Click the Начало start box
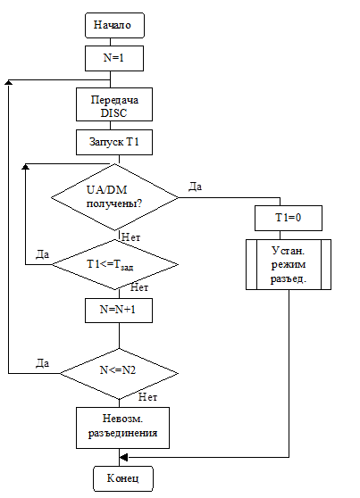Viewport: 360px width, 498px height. coord(114,25)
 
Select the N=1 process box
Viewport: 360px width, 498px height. coord(114,58)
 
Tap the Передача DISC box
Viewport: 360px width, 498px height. coord(114,104)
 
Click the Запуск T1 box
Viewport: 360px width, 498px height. coord(114,142)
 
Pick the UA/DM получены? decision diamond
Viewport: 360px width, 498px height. coord(115,197)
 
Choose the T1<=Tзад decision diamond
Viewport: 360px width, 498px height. coord(115,264)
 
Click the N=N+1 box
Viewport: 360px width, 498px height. coord(119,311)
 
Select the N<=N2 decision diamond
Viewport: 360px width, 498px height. coord(120,373)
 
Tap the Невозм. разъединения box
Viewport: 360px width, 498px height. coord(122,427)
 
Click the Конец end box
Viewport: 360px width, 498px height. coord(123,478)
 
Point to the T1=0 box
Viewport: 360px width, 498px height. coord(289,218)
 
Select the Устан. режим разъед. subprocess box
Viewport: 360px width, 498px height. coord(289,264)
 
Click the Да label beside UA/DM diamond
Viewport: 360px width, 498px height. coord(195,187)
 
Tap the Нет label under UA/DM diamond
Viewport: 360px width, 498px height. coord(130,237)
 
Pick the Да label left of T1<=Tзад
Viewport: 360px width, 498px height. coord(42,254)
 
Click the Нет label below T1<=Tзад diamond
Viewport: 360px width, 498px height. coord(139,287)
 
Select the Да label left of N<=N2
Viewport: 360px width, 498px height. coord(42,362)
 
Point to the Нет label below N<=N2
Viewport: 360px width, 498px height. coord(148,397)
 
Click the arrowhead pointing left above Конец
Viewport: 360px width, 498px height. coord(123,457)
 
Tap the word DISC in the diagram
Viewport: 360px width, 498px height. coord(113,113)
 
